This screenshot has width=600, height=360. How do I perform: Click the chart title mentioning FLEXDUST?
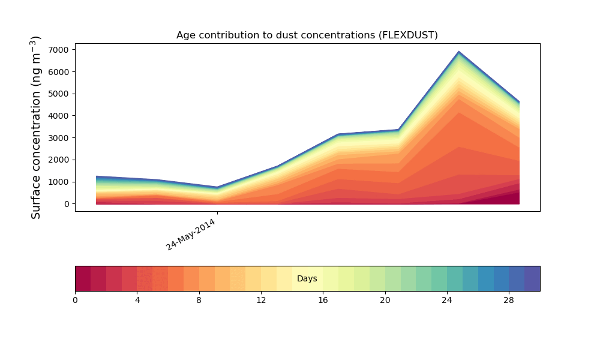pos(307,35)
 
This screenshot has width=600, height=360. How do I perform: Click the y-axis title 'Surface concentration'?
pos(36,127)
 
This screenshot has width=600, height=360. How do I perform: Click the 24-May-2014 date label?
pos(191,235)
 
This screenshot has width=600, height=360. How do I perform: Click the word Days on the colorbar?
pos(307,279)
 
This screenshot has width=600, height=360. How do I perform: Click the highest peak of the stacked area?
pos(459,53)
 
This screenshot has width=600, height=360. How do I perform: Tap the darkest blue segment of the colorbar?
pos(532,278)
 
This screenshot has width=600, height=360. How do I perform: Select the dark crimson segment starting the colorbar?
pos(83,278)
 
